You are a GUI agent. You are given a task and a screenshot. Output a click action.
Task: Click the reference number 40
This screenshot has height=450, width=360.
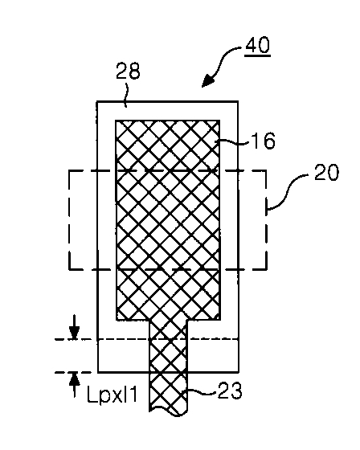(x=258, y=44)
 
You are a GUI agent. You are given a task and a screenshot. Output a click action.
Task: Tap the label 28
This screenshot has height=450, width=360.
(x=128, y=71)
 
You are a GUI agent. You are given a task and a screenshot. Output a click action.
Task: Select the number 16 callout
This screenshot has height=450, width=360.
(x=264, y=141)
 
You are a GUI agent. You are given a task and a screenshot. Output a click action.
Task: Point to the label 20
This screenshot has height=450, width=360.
(x=326, y=173)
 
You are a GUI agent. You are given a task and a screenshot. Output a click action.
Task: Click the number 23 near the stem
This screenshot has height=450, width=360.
(x=230, y=391)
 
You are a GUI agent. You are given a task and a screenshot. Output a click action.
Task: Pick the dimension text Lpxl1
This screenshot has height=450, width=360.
(x=112, y=395)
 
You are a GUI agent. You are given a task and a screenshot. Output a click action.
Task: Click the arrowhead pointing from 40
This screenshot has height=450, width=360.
(x=208, y=80)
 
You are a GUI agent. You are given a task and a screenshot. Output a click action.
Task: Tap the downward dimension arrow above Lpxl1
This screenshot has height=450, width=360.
(x=75, y=327)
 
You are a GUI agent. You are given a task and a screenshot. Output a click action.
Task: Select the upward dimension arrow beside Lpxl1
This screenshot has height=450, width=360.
(x=75, y=385)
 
